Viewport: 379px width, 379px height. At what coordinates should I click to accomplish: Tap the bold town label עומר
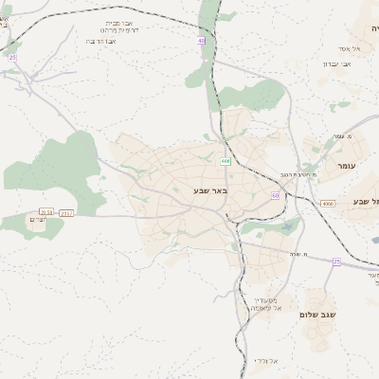pyautogui.click(x=351, y=165)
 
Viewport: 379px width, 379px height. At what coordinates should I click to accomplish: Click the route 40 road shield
pyautogui.click(x=202, y=41)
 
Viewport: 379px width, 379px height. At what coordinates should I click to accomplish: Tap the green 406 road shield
pyautogui.click(x=226, y=161)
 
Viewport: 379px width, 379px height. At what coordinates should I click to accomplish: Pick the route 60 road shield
pyautogui.click(x=275, y=195)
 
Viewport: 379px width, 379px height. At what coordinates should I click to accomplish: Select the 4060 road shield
pyautogui.click(x=328, y=203)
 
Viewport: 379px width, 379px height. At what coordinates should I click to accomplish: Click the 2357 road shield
pyautogui.click(x=66, y=213)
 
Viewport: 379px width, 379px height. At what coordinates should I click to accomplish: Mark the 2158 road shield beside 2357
pyautogui.click(x=46, y=213)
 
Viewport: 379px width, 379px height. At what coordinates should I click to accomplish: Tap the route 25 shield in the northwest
pyautogui.click(x=12, y=58)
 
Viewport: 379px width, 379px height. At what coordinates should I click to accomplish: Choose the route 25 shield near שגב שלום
pyautogui.click(x=336, y=261)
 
